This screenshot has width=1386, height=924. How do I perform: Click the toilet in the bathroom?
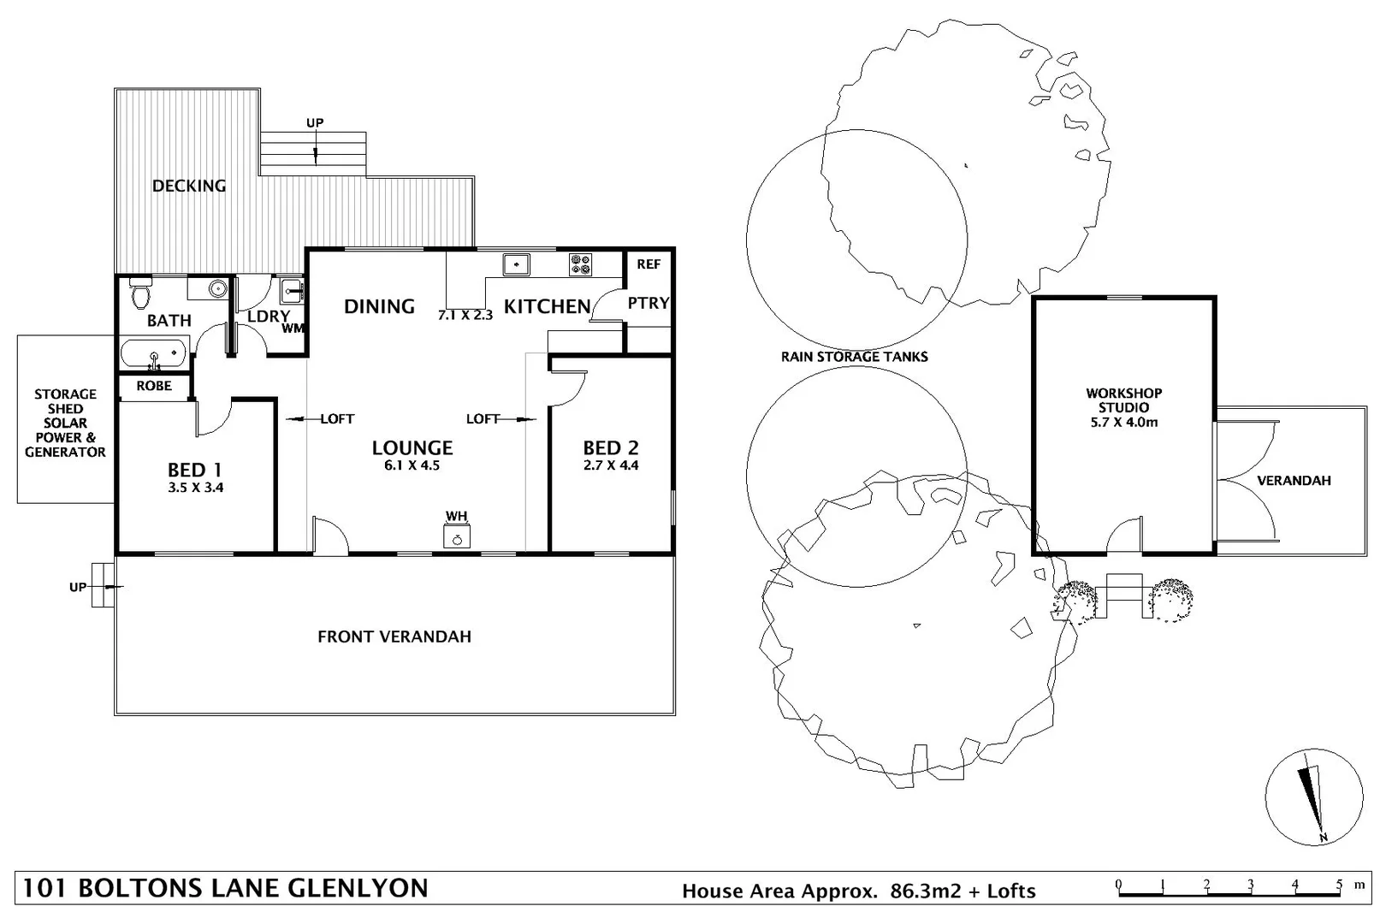(141, 293)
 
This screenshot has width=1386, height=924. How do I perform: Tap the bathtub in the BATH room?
(154, 353)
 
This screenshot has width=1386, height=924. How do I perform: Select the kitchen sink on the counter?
(516, 264)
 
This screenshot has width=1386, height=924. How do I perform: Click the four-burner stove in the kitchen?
(580, 265)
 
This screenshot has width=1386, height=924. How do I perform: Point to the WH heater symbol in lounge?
(457, 536)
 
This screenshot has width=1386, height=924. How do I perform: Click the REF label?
(649, 264)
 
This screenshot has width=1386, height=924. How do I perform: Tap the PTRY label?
(649, 303)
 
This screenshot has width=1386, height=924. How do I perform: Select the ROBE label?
(154, 386)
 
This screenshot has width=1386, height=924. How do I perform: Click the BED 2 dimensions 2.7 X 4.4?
(611, 465)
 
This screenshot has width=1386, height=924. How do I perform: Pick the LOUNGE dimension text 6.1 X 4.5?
(412, 465)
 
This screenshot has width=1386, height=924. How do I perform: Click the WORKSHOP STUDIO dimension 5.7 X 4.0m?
(1123, 423)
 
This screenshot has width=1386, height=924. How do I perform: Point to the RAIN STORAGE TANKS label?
(855, 357)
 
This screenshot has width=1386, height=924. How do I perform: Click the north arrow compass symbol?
(1313, 797)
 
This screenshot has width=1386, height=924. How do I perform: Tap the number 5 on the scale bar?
(1339, 885)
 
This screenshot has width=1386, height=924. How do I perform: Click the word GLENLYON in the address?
(358, 889)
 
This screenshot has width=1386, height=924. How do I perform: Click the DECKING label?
(189, 186)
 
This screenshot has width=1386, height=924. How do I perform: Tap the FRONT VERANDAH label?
(394, 637)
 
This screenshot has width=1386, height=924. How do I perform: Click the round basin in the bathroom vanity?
(217, 288)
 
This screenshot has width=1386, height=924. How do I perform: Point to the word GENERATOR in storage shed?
(65, 453)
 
